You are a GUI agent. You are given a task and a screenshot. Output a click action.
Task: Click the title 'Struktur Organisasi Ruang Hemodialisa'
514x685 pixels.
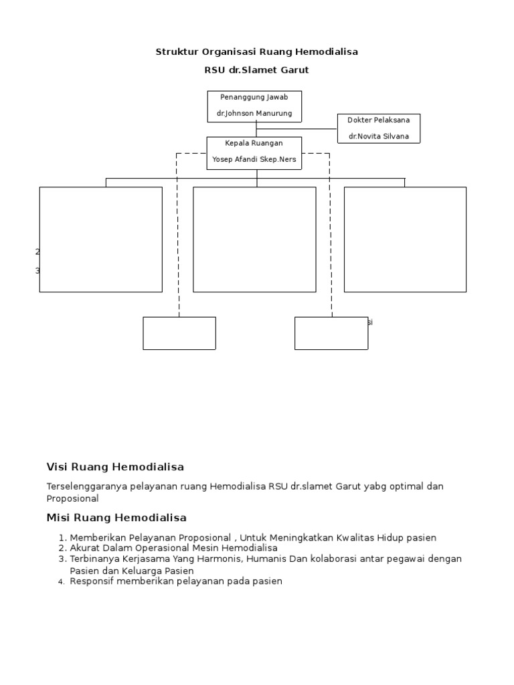click(x=257, y=52)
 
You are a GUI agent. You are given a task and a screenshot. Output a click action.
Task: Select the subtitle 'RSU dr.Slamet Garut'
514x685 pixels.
click(x=257, y=70)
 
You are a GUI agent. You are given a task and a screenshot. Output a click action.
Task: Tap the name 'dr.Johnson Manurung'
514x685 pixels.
click(x=254, y=114)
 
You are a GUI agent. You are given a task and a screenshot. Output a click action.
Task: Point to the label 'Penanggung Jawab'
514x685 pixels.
click(x=254, y=98)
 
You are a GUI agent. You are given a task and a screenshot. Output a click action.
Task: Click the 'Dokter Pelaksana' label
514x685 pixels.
click(x=379, y=120)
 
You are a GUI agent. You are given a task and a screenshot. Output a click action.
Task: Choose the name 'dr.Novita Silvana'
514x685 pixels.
click(x=379, y=136)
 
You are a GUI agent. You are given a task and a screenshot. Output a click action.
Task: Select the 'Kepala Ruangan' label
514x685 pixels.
click(x=254, y=143)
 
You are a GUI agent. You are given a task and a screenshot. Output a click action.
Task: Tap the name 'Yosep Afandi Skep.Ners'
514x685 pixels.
click(x=254, y=159)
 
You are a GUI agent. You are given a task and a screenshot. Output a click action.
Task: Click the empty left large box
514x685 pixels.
click(x=100, y=239)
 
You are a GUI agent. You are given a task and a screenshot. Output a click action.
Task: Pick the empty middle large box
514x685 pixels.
click(x=254, y=239)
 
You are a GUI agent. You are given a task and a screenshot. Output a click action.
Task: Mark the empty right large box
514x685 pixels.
click(x=405, y=239)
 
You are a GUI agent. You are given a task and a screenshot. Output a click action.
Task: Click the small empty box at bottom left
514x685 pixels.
click(x=179, y=333)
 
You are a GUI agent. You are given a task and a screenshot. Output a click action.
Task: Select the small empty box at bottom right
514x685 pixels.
click(x=331, y=333)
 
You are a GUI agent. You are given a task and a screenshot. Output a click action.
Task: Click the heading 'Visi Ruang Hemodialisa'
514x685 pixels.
click(x=115, y=467)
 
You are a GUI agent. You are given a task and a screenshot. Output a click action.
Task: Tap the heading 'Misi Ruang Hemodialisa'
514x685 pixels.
click(x=116, y=518)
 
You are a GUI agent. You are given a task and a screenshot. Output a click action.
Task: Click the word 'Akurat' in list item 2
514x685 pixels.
click(x=84, y=548)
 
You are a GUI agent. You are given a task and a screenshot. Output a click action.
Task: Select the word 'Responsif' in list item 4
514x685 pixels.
click(x=90, y=581)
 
